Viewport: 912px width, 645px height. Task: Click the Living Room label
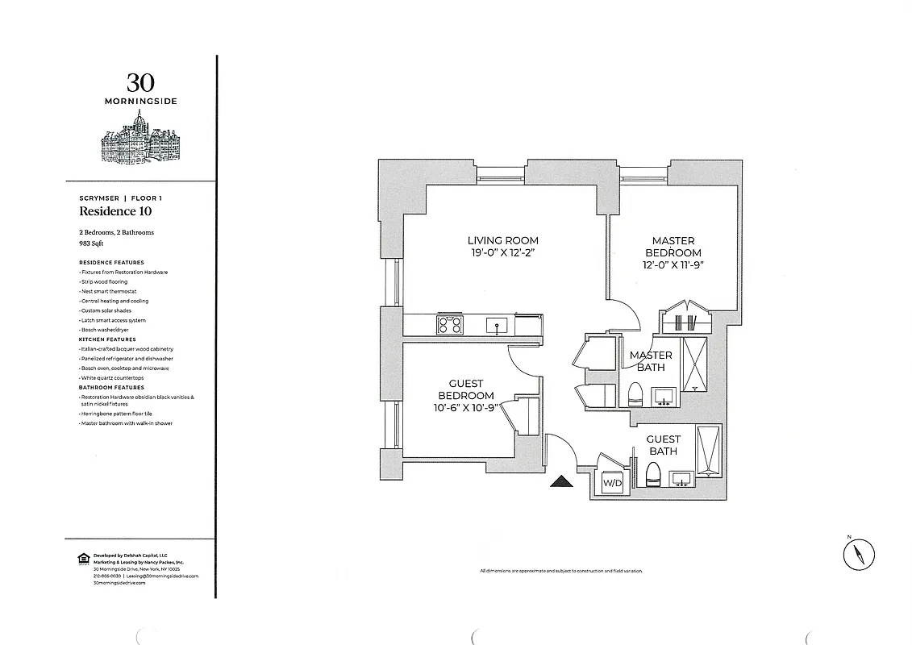click(x=502, y=241)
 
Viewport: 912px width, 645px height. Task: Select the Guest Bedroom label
click(x=465, y=389)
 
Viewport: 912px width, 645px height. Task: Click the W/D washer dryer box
click(x=612, y=483)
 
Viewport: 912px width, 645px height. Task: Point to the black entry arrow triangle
click(x=562, y=482)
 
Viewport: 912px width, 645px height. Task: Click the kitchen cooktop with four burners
click(x=450, y=324)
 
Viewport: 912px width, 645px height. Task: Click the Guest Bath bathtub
click(x=709, y=451)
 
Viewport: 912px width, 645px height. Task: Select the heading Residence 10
click(x=115, y=212)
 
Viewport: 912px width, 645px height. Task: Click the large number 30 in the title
click(x=140, y=82)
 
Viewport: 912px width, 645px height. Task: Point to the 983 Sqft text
click(x=92, y=241)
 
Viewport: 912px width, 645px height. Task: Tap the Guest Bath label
click(x=663, y=445)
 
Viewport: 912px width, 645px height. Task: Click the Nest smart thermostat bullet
click(x=108, y=291)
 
